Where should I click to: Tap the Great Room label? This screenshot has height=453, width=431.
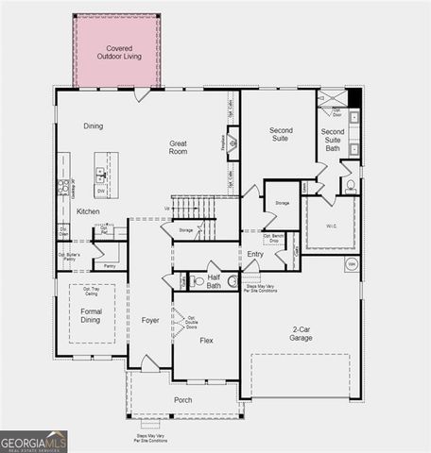point(178,148)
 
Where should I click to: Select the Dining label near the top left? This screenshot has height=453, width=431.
point(93,126)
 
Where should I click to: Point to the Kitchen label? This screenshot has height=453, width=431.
point(88,211)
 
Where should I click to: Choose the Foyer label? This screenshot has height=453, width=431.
point(150,320)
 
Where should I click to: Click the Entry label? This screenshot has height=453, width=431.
point(255,254)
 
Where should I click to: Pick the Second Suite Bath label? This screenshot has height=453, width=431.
point(332,139)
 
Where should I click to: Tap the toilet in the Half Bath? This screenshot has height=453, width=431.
point(196,281)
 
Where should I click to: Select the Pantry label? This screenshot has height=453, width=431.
point(110,267)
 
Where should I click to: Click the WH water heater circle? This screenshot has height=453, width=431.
point(353,265)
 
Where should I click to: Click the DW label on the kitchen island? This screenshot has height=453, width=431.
point(99,189)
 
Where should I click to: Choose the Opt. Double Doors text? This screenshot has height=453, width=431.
point(192,323)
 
